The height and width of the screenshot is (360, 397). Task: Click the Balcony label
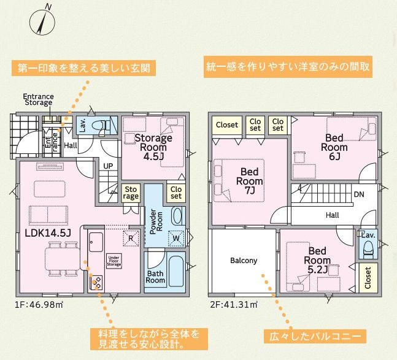tap(244, 261)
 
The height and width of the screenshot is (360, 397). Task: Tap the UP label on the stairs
tap(108, 166)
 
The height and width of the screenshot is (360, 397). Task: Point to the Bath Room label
tap(155, 277)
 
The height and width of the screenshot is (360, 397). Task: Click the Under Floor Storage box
tap(114, 261)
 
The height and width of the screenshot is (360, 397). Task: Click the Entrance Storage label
tap(38, 99)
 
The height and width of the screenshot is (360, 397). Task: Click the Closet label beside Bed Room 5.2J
tap(368, 278)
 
